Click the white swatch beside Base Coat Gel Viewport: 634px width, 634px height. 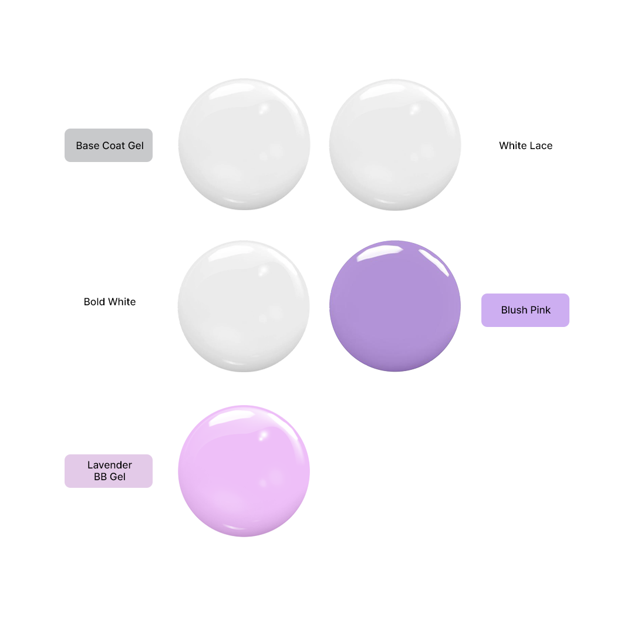click(x=244, y=144)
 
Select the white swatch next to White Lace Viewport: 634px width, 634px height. click(x=395, y=144)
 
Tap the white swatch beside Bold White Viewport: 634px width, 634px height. click(x=244, y=306)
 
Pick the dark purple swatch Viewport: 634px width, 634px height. click(x=395, y=306)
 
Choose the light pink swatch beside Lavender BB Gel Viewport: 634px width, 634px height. click(x=244, y=471)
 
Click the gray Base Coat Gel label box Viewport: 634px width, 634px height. click(x=109, y=145)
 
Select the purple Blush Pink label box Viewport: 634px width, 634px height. click(x=525, y=310)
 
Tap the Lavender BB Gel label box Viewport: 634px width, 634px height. click(x=109, y=471)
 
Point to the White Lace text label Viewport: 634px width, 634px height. click(x=525, y=146)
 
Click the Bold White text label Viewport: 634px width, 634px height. click(x=110, y=302)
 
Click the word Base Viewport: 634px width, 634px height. click(x=87, y=146)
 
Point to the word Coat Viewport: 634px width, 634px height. click(x=114, y=146)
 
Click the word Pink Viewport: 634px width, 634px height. click(x=540, y=310)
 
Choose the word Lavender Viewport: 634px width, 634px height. click(x=110, y=465)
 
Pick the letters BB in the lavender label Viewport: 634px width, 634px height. click(x=100, y=477)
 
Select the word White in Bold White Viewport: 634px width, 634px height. click(x=120, y=302)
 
